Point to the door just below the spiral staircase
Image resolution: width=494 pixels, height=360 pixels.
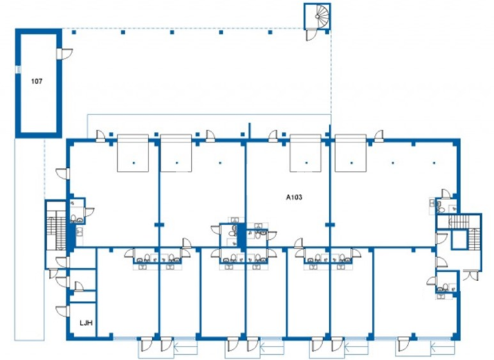(311, 36)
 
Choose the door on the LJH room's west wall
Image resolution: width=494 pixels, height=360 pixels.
(62, 312)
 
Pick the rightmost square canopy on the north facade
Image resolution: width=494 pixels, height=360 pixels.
(351, 153)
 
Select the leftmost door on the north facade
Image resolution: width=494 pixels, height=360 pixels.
(102, 135)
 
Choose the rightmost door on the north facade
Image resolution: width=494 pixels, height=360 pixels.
(380, 135)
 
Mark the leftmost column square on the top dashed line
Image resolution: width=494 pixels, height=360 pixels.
(74, 32)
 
